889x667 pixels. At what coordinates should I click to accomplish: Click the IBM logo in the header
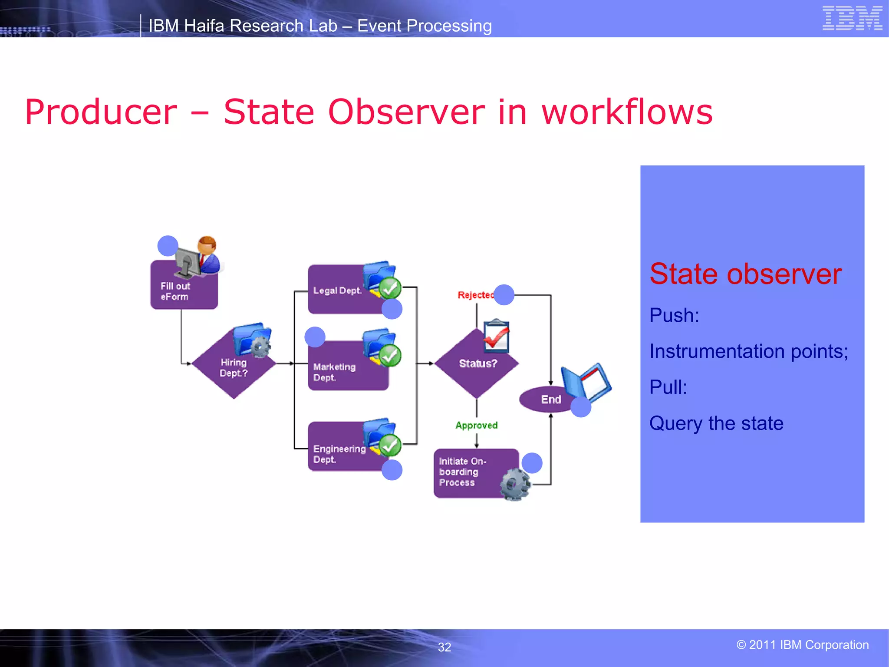852,18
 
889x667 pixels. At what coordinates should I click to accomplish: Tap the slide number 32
444,647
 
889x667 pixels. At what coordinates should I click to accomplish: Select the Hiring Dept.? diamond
233,367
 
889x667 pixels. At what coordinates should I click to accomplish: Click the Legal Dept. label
337,291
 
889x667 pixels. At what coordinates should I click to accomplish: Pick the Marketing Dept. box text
334,372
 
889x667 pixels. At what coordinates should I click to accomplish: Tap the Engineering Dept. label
339,454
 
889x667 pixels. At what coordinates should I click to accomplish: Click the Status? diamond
477,363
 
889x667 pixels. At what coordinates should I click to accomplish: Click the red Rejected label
475,295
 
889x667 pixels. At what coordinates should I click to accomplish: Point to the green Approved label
476,425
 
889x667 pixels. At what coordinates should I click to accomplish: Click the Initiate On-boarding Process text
462,472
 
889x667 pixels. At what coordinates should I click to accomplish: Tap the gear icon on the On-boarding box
515,485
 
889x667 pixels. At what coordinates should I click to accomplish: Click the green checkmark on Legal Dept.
390,288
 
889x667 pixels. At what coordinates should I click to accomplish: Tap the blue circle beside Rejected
504,295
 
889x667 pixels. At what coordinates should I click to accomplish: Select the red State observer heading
745,274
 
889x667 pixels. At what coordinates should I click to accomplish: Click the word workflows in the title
627,112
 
